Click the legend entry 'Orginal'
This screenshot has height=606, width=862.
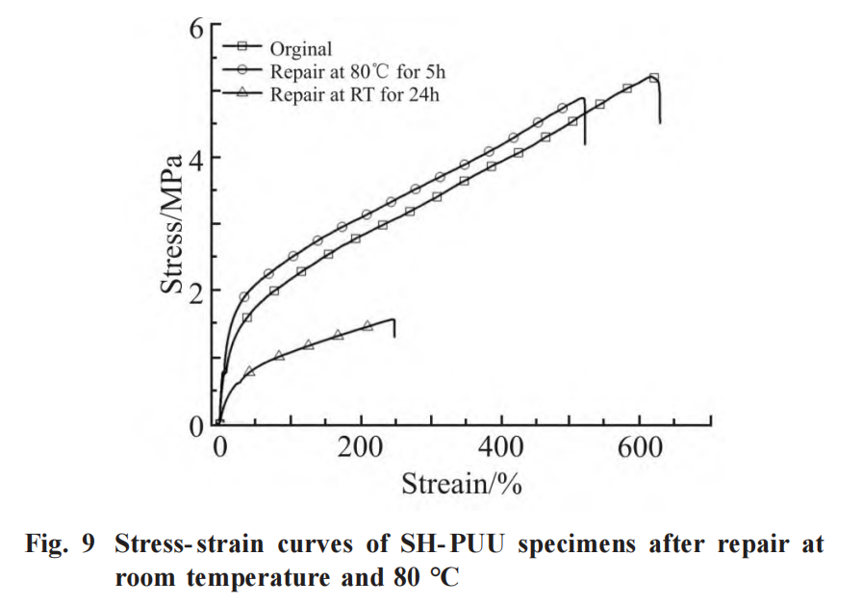[300, 49]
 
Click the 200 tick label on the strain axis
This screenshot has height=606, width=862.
[361, 447]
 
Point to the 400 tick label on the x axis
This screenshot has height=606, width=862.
[503, 447]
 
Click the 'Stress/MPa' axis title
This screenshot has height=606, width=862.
[173, 223]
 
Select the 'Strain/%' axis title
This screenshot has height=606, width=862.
[462, 482]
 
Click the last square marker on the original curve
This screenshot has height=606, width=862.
[654, 78]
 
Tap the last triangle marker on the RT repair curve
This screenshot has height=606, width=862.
[368, 326]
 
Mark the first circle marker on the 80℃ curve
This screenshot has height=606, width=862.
[244, 297]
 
